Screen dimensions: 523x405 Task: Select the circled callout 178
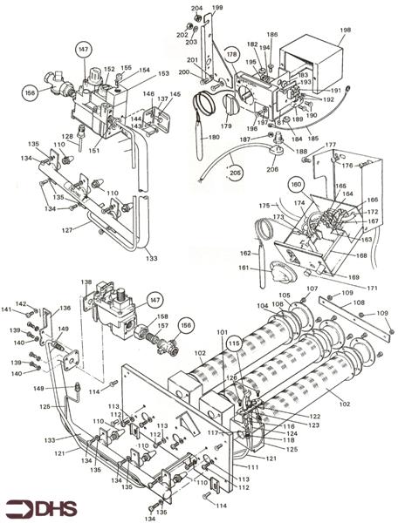231,55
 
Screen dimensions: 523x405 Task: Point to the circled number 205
236,173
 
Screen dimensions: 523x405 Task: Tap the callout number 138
86,283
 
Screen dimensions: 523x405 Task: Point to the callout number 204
196,8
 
